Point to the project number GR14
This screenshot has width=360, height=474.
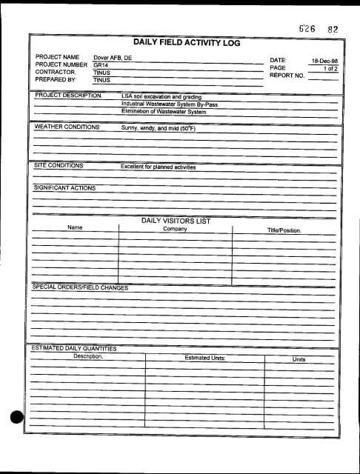[101, 65]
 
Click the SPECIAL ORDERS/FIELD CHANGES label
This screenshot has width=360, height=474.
[80, 287]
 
